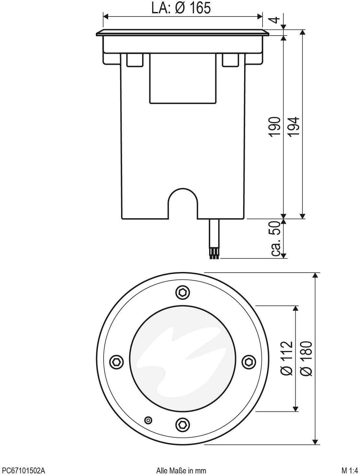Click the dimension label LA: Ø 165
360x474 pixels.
[x=181, y=8]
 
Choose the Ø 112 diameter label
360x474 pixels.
[x=287, y=358]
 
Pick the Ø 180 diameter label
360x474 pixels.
[x=306, y=358]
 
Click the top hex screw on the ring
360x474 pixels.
[x=183, y=292]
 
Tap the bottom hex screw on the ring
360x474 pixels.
[x=183, y=424]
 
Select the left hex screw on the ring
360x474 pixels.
[x=117, y=361]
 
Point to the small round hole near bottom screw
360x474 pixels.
[x=148, y=420]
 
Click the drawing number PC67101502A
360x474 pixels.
[x=23, y=470]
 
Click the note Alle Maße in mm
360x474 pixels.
[x=181, y=470]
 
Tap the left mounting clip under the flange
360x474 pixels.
[x=135, y=60]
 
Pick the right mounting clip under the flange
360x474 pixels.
[x=230, y=60]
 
